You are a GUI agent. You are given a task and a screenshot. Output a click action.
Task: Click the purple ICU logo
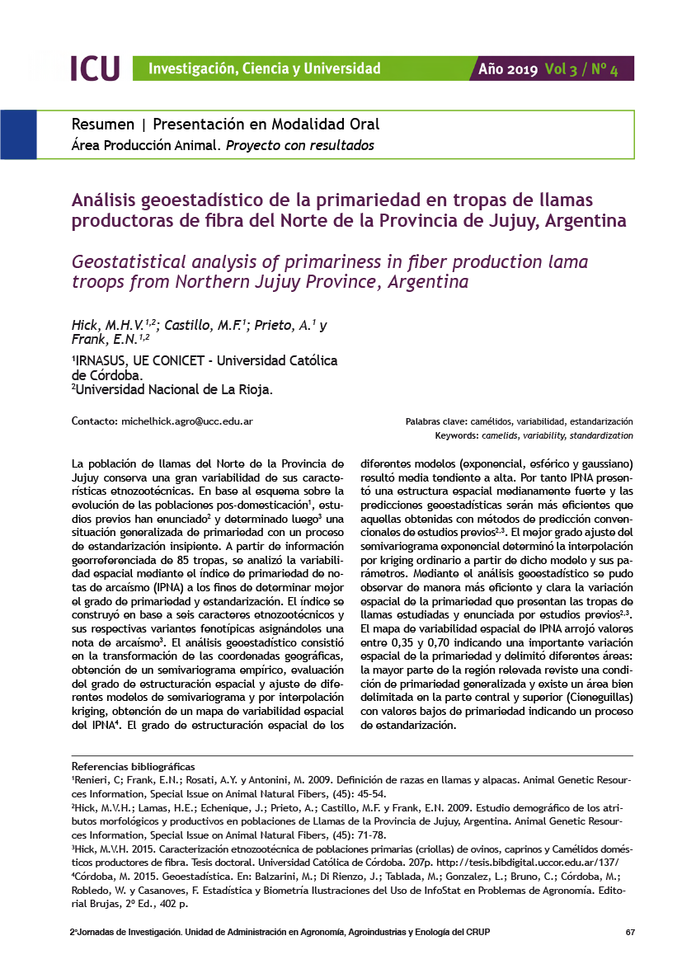click(x=95, y=68)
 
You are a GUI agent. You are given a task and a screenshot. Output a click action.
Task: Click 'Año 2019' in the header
click(x=508, y=69)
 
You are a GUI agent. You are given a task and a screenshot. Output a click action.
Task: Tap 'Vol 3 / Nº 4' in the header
click(x=581, y=69)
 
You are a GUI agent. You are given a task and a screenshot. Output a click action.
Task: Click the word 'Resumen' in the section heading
click(x=103, y=125)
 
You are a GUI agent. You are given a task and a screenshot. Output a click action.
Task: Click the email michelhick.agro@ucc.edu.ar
click(x=186, y=421)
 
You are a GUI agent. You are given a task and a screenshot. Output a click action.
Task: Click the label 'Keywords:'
click(x=456, y=435)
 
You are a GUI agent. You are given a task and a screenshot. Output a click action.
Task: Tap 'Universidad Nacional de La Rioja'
click(x=174, y=388)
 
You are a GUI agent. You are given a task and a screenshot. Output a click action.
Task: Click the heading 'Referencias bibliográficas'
click(x=134, y=767)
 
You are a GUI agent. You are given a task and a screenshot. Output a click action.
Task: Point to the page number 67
click(x=630, y=932)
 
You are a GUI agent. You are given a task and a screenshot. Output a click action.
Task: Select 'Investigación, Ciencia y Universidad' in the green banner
click(x=265, y=69)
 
